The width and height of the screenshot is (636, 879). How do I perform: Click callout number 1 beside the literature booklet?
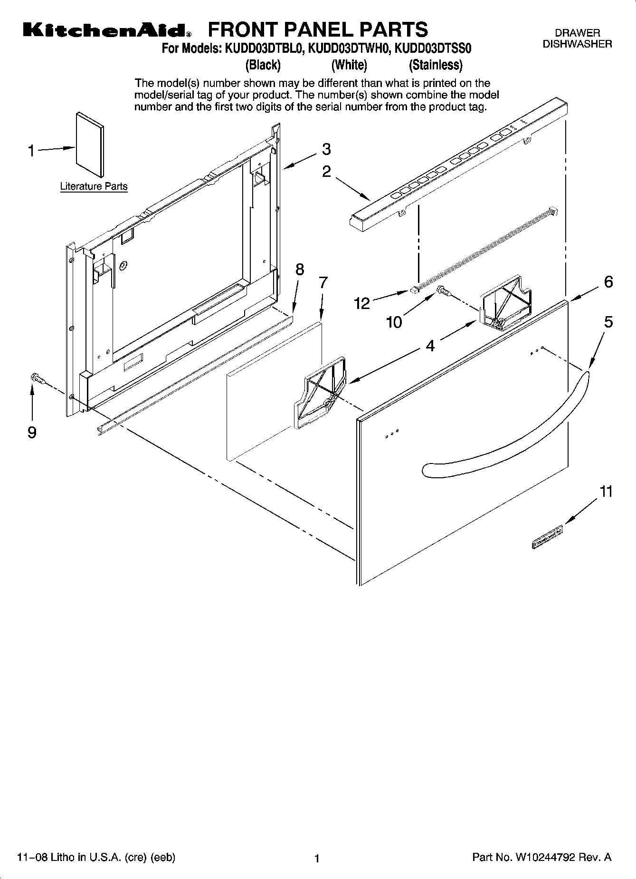tap(31, 151)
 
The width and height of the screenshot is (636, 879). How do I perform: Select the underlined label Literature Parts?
tap(94, 186)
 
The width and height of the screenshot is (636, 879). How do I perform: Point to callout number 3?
tap(326, 149)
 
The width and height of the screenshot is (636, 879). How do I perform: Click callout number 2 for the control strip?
tap(326, 171)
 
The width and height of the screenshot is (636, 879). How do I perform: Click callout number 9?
tap(32, 432)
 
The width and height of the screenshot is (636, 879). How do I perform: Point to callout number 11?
tap(606, 492)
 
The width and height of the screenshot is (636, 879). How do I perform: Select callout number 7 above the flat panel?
tap(323, 282)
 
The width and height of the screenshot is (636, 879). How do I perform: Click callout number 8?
tap(299, 269)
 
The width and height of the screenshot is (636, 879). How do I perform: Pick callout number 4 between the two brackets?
tap(430, 346)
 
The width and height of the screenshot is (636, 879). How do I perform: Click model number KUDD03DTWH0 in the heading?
tap(349, 48)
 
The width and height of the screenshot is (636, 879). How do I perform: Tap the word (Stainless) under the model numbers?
tap(436, 65)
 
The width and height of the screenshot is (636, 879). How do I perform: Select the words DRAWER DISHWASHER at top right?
tap(577, 39)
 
